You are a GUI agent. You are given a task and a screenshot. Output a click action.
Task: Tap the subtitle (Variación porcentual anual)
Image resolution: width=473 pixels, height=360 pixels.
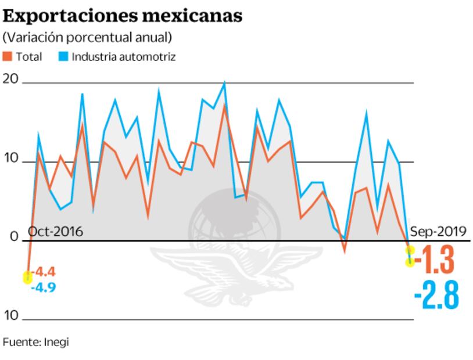pyautogui.click(x=87, y=38)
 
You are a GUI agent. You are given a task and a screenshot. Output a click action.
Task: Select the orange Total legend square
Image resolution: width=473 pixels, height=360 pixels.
pyautogui.click(x=8, y=57)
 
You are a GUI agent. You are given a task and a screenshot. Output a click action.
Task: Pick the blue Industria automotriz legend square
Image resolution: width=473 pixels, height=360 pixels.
pyautogui.click(x=63, y=57)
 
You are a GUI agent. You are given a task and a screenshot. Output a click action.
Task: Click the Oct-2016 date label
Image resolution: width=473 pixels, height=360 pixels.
pyautogui.click(x=55, y=232)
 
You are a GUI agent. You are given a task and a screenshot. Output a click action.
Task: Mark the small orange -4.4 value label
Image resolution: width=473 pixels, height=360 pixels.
pyautogui.click(x=43, y=272)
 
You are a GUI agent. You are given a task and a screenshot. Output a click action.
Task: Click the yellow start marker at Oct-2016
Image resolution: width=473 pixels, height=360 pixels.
pyautogui.click(x=27, y=278)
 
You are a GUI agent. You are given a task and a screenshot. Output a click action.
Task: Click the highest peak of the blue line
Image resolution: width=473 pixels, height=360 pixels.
pyautogui.click(x=224, y=83)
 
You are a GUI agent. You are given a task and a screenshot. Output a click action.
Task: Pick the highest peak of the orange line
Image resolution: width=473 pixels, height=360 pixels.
pyautogui.click(x=224, y=106)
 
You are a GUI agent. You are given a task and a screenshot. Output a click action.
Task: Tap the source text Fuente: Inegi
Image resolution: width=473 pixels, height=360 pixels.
pyautogui.click(x=35, y=342)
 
